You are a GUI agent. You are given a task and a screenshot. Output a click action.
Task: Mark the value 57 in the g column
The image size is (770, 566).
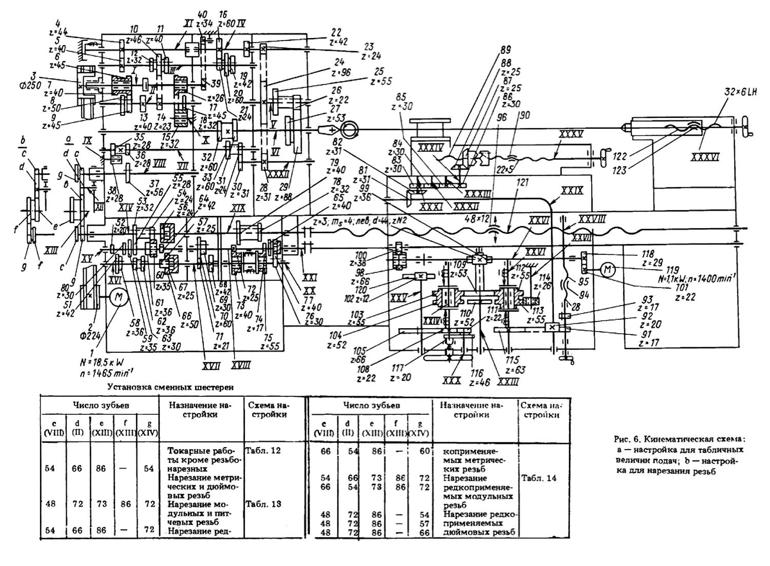422,523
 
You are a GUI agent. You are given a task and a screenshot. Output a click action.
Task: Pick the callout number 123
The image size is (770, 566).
620,171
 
